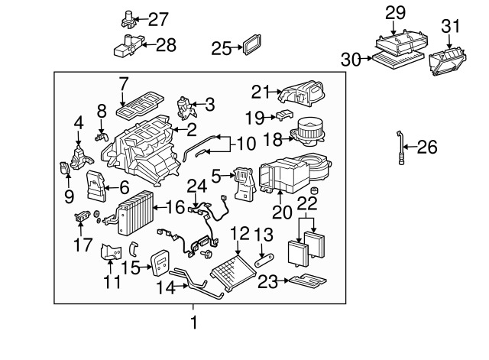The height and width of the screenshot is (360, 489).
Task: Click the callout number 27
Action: (x=158, y=18)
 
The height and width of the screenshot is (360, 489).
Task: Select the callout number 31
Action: (x=449, y=28)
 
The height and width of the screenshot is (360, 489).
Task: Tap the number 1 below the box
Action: (x=193, y=323)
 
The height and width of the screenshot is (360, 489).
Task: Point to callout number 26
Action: (x=427, y=147)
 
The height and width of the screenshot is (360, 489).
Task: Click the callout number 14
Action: (x=167, y=288)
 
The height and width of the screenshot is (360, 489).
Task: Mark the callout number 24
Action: (x=198, y=186)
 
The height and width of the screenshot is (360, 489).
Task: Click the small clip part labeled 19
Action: (x=283, y=115)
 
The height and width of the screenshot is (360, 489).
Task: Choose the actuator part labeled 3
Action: (x=184, y=105)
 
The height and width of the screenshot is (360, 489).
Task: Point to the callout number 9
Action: (x=69, y=196)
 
